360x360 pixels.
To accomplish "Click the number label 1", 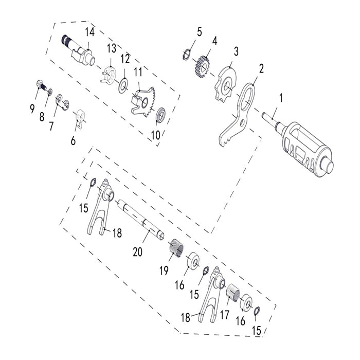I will (x=281, y=97).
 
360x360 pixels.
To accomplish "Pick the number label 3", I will (x=236, y=51).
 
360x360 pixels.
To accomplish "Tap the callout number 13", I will (x=112, y=48).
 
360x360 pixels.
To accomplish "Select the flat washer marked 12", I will (x=123, y=85).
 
